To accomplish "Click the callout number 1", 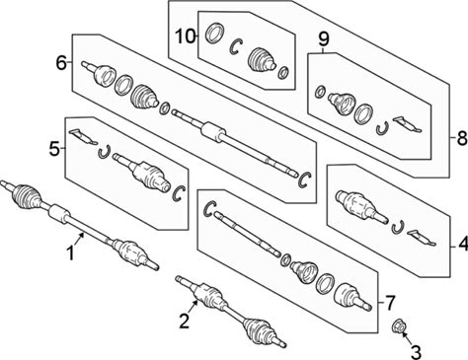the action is [71, 254].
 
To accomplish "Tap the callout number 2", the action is [185, 322].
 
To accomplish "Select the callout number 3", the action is [416, 352].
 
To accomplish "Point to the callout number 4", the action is [463, 245].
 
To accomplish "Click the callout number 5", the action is [54, 149].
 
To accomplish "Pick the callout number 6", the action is [61, 62].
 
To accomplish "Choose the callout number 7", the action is [389, 303].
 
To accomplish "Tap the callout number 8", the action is [462, 138].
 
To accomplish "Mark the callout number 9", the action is [323, 39].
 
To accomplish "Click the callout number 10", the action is [186, 36].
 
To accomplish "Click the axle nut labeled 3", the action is [398, 325].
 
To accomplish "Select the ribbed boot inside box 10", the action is [262, 60].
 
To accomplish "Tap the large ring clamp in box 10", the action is [215, 33].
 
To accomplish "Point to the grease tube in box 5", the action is [83, 136].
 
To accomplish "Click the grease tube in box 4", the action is [422, 238].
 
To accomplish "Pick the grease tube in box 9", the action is [407, 123].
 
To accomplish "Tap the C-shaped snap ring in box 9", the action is [382, 128].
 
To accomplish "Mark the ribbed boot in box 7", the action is [304, 271].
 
